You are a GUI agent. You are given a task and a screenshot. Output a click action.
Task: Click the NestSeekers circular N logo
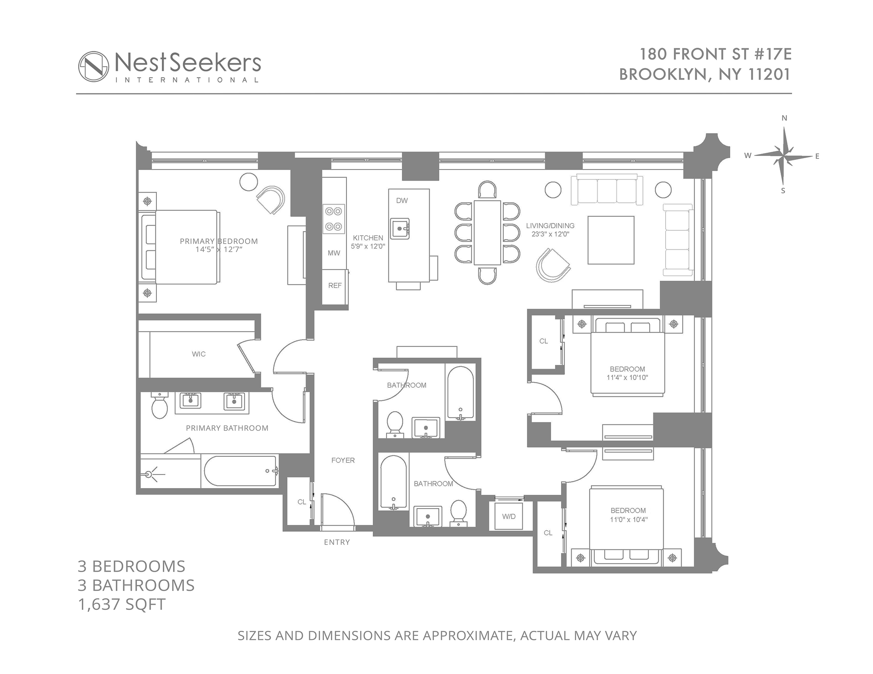94,66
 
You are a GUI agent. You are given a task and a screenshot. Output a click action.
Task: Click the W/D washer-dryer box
509,516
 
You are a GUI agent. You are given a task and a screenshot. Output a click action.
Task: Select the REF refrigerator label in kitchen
335,285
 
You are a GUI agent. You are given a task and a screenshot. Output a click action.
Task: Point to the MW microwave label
334,253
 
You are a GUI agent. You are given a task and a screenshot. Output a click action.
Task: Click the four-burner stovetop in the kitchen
334,219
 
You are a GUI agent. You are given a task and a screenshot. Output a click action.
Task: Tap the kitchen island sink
400,229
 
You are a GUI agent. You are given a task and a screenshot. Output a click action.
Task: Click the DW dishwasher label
402,200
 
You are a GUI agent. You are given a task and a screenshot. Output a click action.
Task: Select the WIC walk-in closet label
199,354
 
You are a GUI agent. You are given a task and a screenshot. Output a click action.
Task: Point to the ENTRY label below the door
337,542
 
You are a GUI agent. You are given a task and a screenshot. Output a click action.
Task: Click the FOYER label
343,460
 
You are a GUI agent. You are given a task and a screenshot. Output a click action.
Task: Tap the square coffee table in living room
611,240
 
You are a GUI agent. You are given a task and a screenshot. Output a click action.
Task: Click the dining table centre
487,232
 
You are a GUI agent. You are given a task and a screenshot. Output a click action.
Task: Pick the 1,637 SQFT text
122,604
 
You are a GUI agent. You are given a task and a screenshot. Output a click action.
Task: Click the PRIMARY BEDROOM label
219,241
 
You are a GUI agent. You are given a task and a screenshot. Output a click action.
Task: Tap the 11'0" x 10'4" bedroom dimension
628,519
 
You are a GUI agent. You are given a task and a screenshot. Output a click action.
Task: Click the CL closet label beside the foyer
302,502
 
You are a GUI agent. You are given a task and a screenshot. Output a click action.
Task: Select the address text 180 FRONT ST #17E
716,54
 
